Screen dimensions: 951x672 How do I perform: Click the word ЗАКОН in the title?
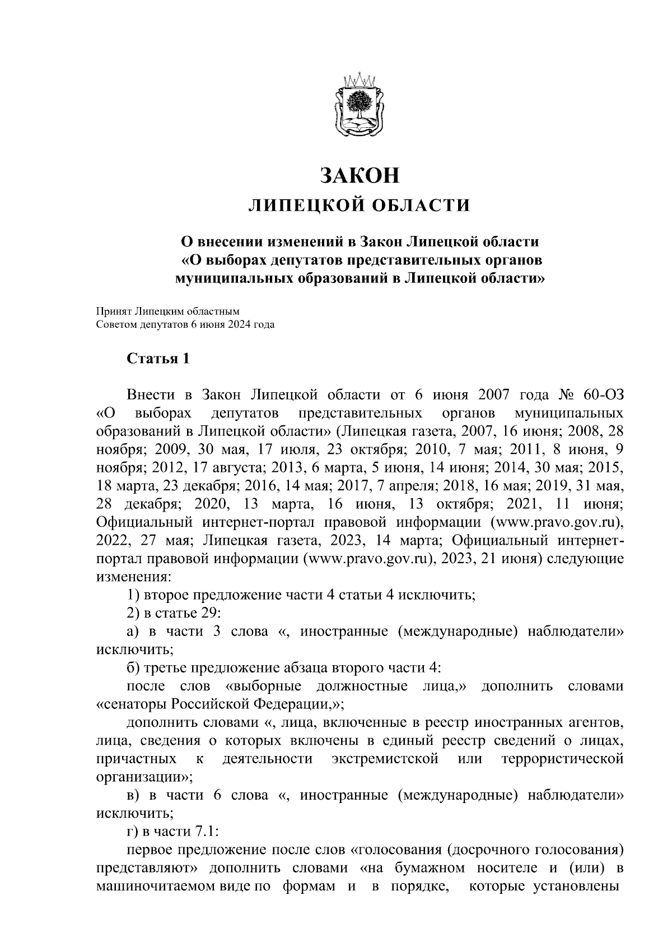click(359, 175)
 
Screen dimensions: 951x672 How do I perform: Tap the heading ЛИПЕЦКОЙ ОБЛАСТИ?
click(359, 206)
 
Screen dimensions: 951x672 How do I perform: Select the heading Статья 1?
click(158, 358)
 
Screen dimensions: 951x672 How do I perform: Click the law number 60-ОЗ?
click(602, 396)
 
